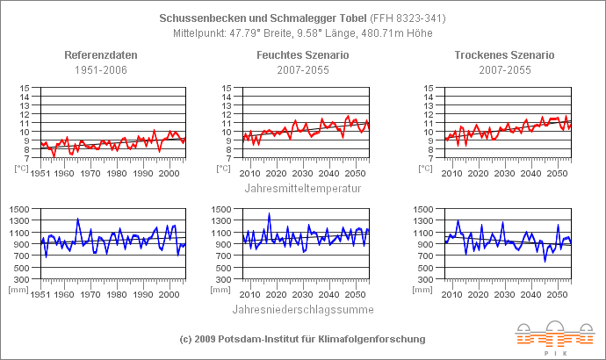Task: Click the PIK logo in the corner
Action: (554, 335)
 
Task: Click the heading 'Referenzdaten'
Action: (101, 55)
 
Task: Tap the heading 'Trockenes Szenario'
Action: (504, 55)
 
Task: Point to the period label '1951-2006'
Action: (101, 69)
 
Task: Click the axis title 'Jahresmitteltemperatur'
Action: (302, 186)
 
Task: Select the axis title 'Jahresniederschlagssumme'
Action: (302, 309)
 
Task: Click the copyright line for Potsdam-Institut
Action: (302, 339)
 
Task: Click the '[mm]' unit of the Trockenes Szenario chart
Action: (427, 288)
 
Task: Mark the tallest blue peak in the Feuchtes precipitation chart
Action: (269, 214)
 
